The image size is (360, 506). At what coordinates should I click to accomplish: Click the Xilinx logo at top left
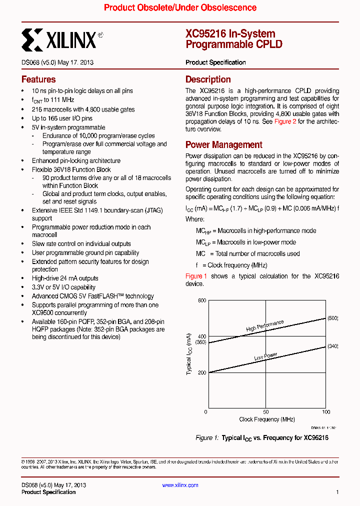click(x=62, y=39)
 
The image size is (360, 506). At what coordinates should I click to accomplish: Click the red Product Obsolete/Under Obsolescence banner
click(x=180, y=8)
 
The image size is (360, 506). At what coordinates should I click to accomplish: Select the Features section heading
click(x=38, y=79)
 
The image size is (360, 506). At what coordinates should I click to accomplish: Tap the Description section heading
click(x=208, y=79)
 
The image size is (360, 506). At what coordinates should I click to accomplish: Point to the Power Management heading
click(x=223, y=145)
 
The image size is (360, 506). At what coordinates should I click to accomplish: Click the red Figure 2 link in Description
click(x=285, y=121)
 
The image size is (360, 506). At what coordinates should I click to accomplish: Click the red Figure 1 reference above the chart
click(x=196, y=276)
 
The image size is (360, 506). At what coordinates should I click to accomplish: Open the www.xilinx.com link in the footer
click(x=180, y=485)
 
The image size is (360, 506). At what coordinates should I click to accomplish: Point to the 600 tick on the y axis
click(x=201, y=300)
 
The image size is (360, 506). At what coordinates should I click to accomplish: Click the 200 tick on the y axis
click(x=201, y=372)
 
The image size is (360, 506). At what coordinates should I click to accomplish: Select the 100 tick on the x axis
click(x=325, y=412)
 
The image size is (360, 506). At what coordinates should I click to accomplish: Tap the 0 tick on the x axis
click(x=206, y=412)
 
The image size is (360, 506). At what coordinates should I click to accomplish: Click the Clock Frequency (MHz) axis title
click(x=266, y=419)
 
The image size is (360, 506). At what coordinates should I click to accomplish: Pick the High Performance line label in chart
click(x=265, y=325)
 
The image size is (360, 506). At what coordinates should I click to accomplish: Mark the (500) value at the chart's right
click(x=332, y=318)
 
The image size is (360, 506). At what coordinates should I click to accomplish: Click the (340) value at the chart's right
click(x=332, y=346)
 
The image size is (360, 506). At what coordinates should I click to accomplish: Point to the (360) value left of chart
click(x=200, y=342)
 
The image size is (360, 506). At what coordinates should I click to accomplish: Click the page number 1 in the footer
click(x=337, y=492)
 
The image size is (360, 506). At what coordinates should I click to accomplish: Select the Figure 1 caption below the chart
click(x=261, y=438)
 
